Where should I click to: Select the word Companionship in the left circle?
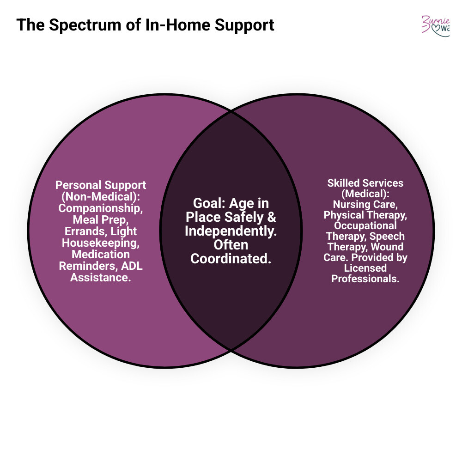point(101,208)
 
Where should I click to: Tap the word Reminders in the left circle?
point(86,266)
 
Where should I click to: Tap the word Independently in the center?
point(231,231)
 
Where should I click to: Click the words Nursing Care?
point(365,204)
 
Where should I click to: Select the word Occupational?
point(365,225)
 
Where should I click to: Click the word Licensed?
point(365,268)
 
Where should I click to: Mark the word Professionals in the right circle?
point(365,279)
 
